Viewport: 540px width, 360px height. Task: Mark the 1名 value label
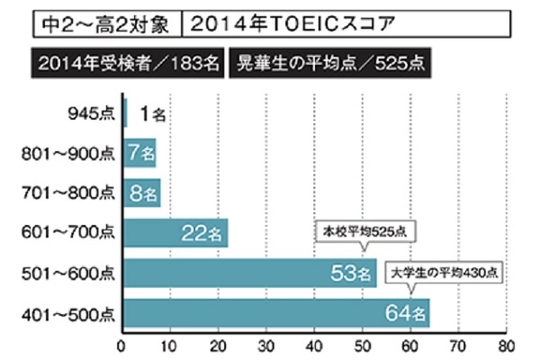pyautogui.click(x=154, y=114)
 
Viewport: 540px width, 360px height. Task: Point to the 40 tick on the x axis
pyautogui.click(x=314, y=344)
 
